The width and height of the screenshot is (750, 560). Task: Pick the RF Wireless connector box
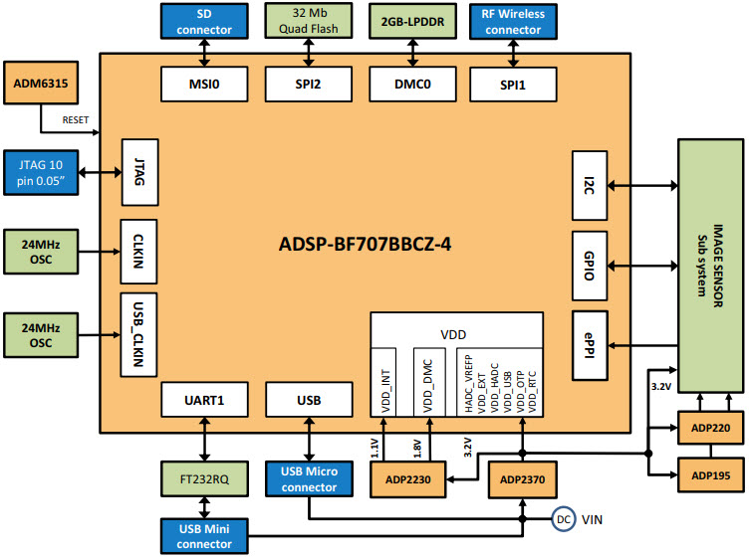click(512, 21)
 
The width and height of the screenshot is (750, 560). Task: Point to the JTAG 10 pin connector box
click(41, 171)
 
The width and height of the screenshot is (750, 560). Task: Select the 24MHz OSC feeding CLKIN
click(41, 251)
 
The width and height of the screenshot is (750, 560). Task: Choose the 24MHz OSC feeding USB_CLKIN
click(41, 334)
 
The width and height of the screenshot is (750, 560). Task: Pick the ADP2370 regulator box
click(522, 480)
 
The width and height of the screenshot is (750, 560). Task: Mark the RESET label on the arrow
click(75, 120)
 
